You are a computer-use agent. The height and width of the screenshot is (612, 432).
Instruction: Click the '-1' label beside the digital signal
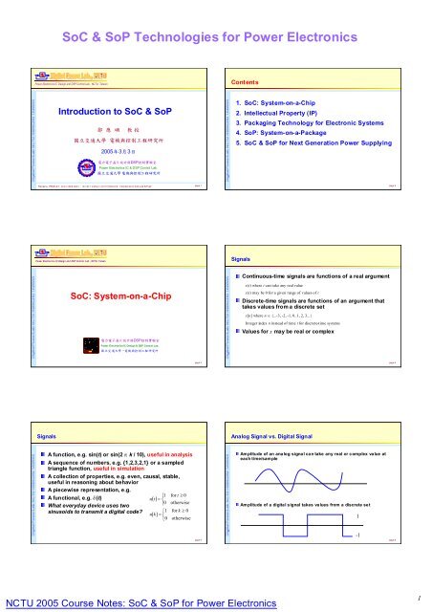coord(384,561)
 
